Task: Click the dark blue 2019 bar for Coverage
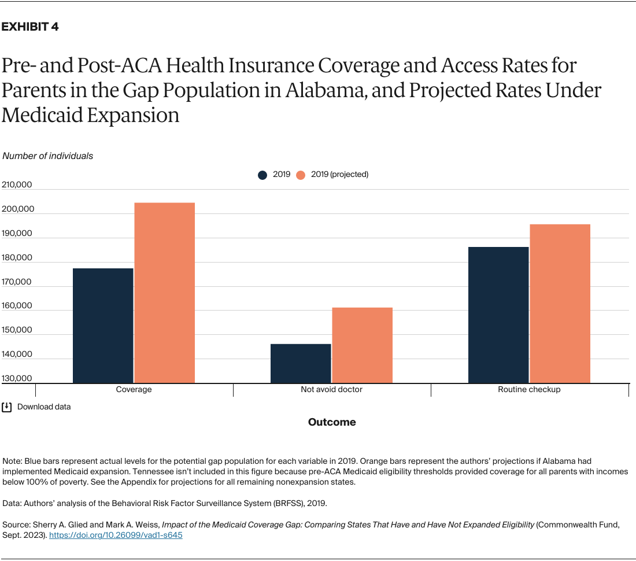(103, 325)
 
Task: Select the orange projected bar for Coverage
(164, 293)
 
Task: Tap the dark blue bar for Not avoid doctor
(301, 363)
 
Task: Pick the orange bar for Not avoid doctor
(362, 345)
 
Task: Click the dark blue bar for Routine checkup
(498, 315)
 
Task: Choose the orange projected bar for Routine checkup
(560, 303)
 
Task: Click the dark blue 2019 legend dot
(263, 175)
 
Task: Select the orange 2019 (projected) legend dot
(301, 175)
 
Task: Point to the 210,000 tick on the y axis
(17, 185)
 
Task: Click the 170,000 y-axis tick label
(17, 282)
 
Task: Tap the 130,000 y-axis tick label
(17, 378)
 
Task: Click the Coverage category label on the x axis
(134, 390)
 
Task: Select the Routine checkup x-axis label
(529, 390)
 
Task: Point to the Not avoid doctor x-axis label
(331, 390)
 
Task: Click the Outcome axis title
(332, 422)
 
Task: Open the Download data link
(44, 407)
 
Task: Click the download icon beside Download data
(7, 407)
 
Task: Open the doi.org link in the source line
(116, 536)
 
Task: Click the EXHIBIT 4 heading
(30, 27)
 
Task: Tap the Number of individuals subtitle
(48, 156)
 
